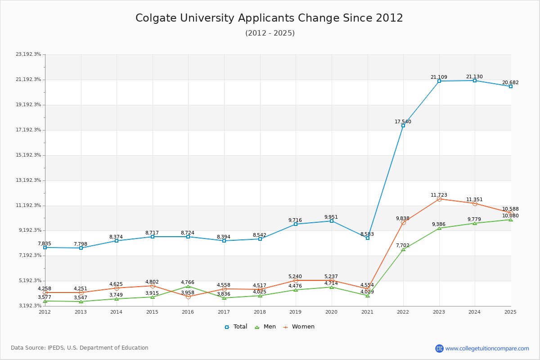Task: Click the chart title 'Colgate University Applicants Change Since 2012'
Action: click(269, 18)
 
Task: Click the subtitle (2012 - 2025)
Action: click(270, 33)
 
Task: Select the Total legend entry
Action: click(236, 327)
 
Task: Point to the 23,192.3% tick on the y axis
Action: click(28, 54)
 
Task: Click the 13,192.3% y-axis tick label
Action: click(28, 180)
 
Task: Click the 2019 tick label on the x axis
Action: click(296, 312)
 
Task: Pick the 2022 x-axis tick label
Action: click(403, 312)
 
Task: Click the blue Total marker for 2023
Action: click(439, 81)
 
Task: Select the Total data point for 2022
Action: click(403, 126)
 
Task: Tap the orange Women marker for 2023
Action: click(439, 199)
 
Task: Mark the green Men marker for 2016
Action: click(188, 286)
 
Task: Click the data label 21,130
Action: click(474, 77)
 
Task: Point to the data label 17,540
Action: click(403, 121)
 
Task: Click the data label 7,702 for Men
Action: click(403, 245)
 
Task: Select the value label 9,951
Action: click(331, 217)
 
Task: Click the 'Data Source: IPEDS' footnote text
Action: click(80, 348)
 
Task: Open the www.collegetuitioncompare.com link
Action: click(487, 348)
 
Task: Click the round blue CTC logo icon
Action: click(439, 348)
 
